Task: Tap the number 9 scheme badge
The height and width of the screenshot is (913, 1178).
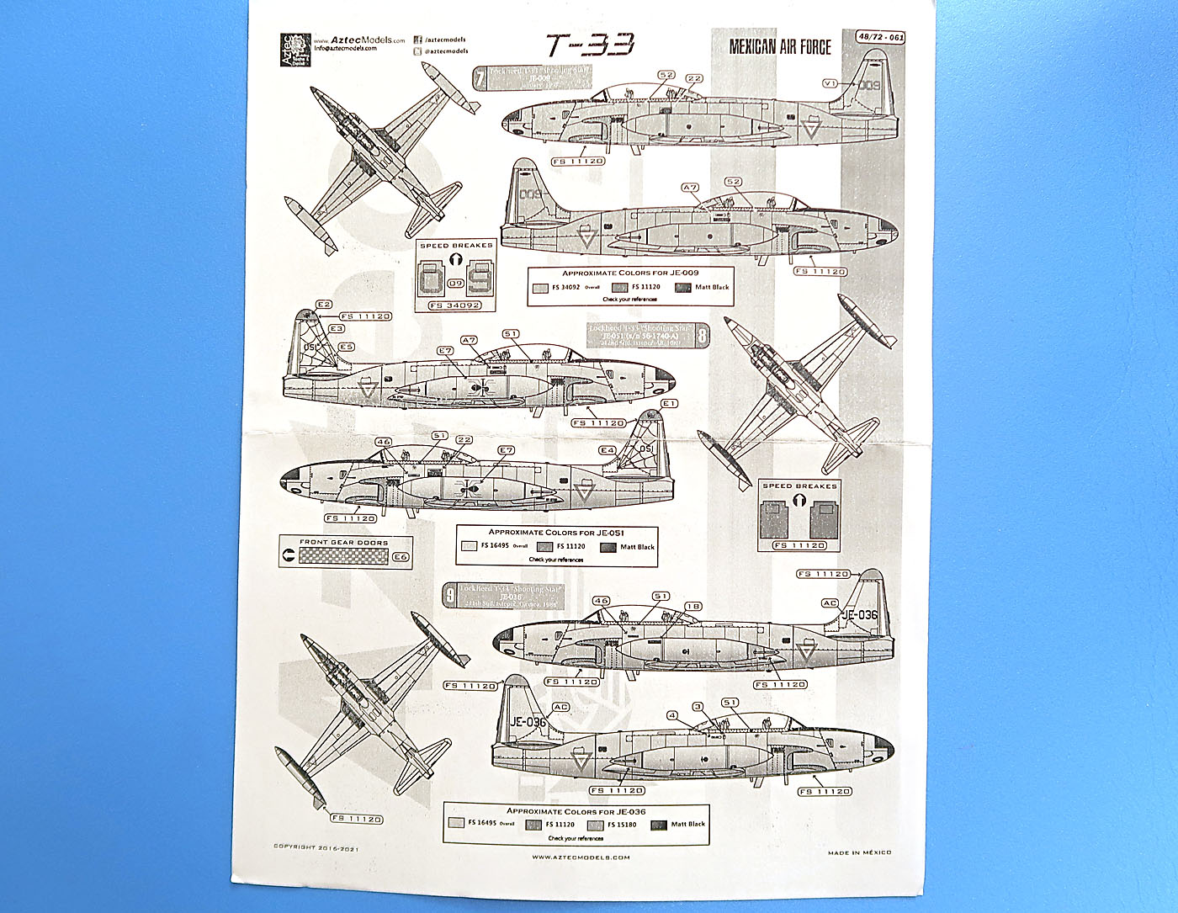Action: [451, 595]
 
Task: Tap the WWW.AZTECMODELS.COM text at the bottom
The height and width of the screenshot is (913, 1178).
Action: [581, 857]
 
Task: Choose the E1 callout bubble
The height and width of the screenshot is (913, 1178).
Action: [669, 404]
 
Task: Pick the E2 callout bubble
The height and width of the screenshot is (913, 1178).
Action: [324, 304]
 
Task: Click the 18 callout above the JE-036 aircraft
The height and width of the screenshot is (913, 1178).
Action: [693, 606]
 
